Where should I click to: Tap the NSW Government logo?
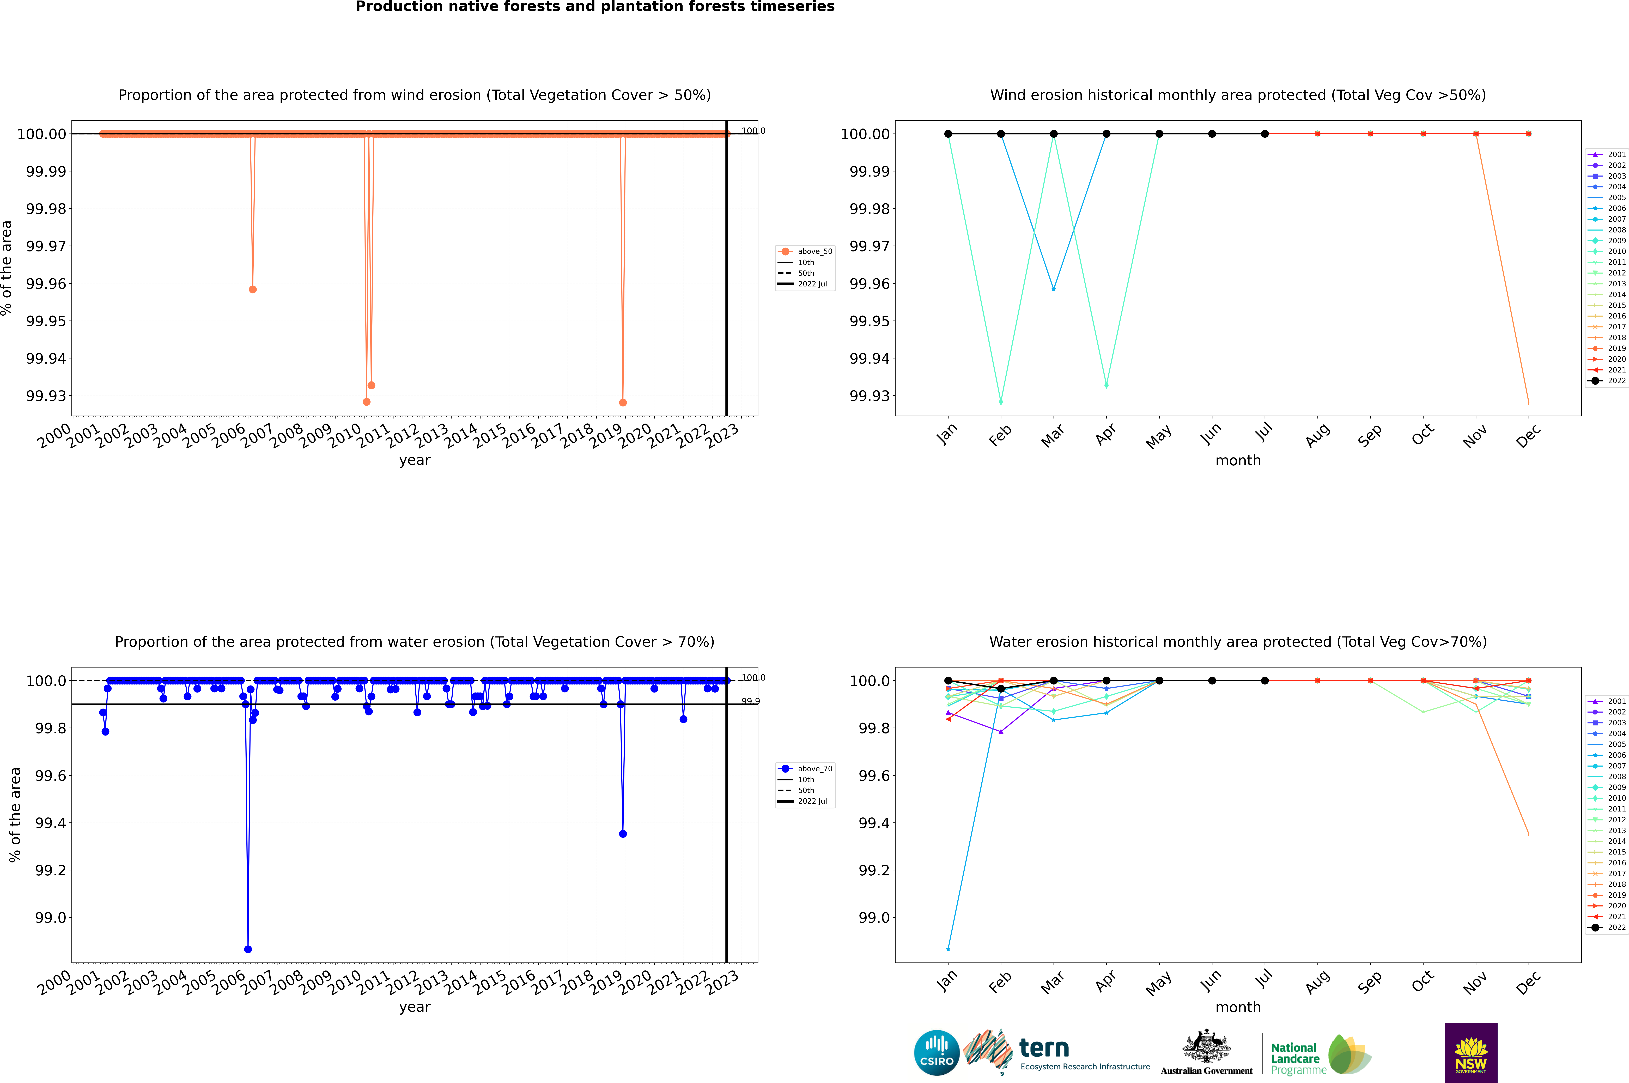pyautogui.click(x=1471, y=1053)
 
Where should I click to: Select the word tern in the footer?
pyautogui.click(x=1044, y=1049)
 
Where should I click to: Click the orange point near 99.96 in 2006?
pyautogui.click(x=253, y=289)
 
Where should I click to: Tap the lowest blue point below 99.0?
pyautogui.click(x=248, y=949)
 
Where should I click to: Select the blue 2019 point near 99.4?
pyautogui.click(x=623, y=834)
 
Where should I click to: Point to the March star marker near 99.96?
pyautogui.click(x=1053, y=289)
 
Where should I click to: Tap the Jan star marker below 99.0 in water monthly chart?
pyautogui.click(x=948, y=949)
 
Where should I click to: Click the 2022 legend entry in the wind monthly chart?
pyautogui.click(x=1609, y=381)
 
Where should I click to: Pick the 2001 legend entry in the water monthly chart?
pyautogui.click(x=1609, y=701)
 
